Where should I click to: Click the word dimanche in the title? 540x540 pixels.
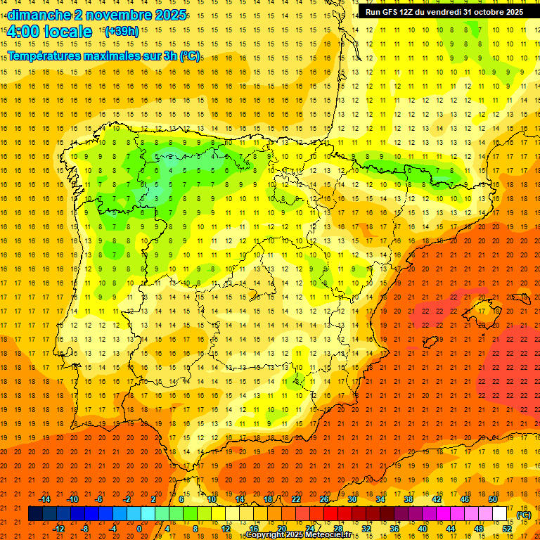click(38, 15)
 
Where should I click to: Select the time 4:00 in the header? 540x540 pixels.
click(22, 32)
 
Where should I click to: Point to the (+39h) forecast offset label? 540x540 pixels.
click(122, 32)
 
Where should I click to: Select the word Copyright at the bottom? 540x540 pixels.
click(265, 535)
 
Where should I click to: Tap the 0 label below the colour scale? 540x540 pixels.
click(139, 529)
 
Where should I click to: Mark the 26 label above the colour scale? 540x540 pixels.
click(323, 499)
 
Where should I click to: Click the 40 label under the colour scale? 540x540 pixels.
click(422, 529)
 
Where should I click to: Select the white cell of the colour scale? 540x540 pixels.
click(499, 514)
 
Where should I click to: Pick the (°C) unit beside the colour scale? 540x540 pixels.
click(525, 515)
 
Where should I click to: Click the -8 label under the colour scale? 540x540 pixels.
click(85, 529)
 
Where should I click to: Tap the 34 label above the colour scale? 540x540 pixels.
click(380, 499)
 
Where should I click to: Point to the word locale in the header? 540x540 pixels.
click(67, 32)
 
